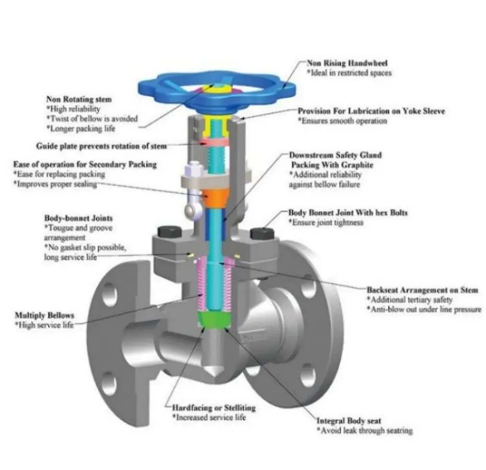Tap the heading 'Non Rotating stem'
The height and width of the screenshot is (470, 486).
79,99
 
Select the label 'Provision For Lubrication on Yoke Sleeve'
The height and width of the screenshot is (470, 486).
371,111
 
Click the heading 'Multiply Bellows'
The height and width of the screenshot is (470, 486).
44,315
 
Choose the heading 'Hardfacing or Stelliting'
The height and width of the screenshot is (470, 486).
214,408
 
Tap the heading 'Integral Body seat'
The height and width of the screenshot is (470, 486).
349,420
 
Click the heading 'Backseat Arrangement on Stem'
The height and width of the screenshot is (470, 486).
422,289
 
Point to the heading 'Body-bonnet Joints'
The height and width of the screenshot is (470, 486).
79,218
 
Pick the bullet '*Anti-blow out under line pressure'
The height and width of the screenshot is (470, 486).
424,309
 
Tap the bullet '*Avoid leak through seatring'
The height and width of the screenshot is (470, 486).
365,430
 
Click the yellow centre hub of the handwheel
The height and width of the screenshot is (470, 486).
214,89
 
